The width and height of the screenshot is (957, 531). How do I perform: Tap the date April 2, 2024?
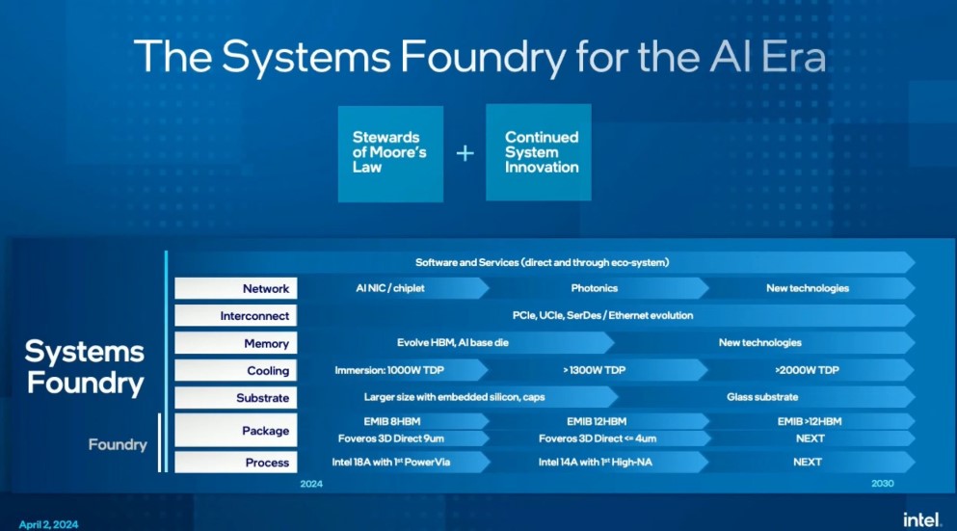click(48, 524)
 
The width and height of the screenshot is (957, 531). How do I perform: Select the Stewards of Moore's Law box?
click(389, 152)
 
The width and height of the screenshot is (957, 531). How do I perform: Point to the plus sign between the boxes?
click(465, 152)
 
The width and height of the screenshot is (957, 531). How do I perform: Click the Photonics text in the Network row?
click(594, 288)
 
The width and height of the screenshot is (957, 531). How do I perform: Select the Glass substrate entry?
click(761, 397)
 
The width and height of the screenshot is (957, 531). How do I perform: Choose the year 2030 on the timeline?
click(882, 484)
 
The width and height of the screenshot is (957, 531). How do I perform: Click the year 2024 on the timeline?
click(311, 484)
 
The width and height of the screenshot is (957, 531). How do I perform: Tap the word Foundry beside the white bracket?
click(118, 444)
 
